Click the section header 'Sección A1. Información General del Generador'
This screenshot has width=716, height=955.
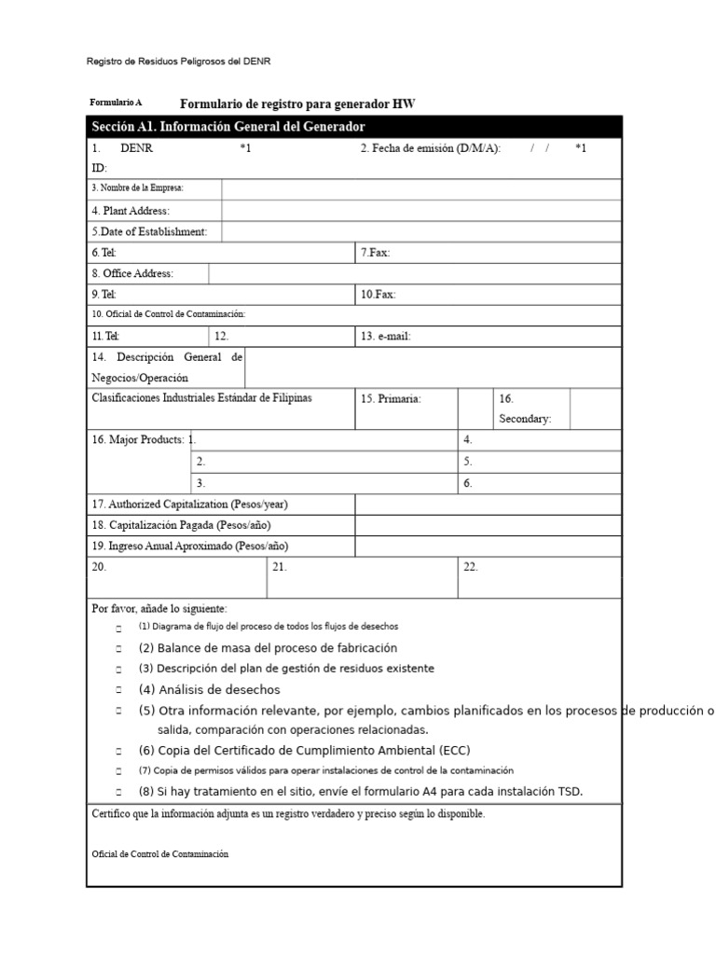228,127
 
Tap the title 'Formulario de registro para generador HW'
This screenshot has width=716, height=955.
297,104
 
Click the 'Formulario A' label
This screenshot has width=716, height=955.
116,103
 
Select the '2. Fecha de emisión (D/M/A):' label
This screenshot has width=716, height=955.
431,148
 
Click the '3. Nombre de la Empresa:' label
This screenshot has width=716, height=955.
137,188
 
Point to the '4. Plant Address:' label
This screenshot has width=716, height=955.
131,211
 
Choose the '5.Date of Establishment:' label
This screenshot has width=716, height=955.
149,231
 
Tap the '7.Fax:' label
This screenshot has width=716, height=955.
375,253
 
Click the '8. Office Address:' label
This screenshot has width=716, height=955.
132,273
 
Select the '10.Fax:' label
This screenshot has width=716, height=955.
378,295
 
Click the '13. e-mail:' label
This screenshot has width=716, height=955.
385,337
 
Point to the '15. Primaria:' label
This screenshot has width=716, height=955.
391,399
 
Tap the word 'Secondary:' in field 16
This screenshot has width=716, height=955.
525,419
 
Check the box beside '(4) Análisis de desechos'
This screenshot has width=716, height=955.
118,691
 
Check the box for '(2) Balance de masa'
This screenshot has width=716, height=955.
118,649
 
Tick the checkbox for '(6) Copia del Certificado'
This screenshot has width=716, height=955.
118,752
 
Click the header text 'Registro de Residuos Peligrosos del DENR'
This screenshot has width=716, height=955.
179,62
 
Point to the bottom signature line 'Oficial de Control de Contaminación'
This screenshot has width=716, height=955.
159,854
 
